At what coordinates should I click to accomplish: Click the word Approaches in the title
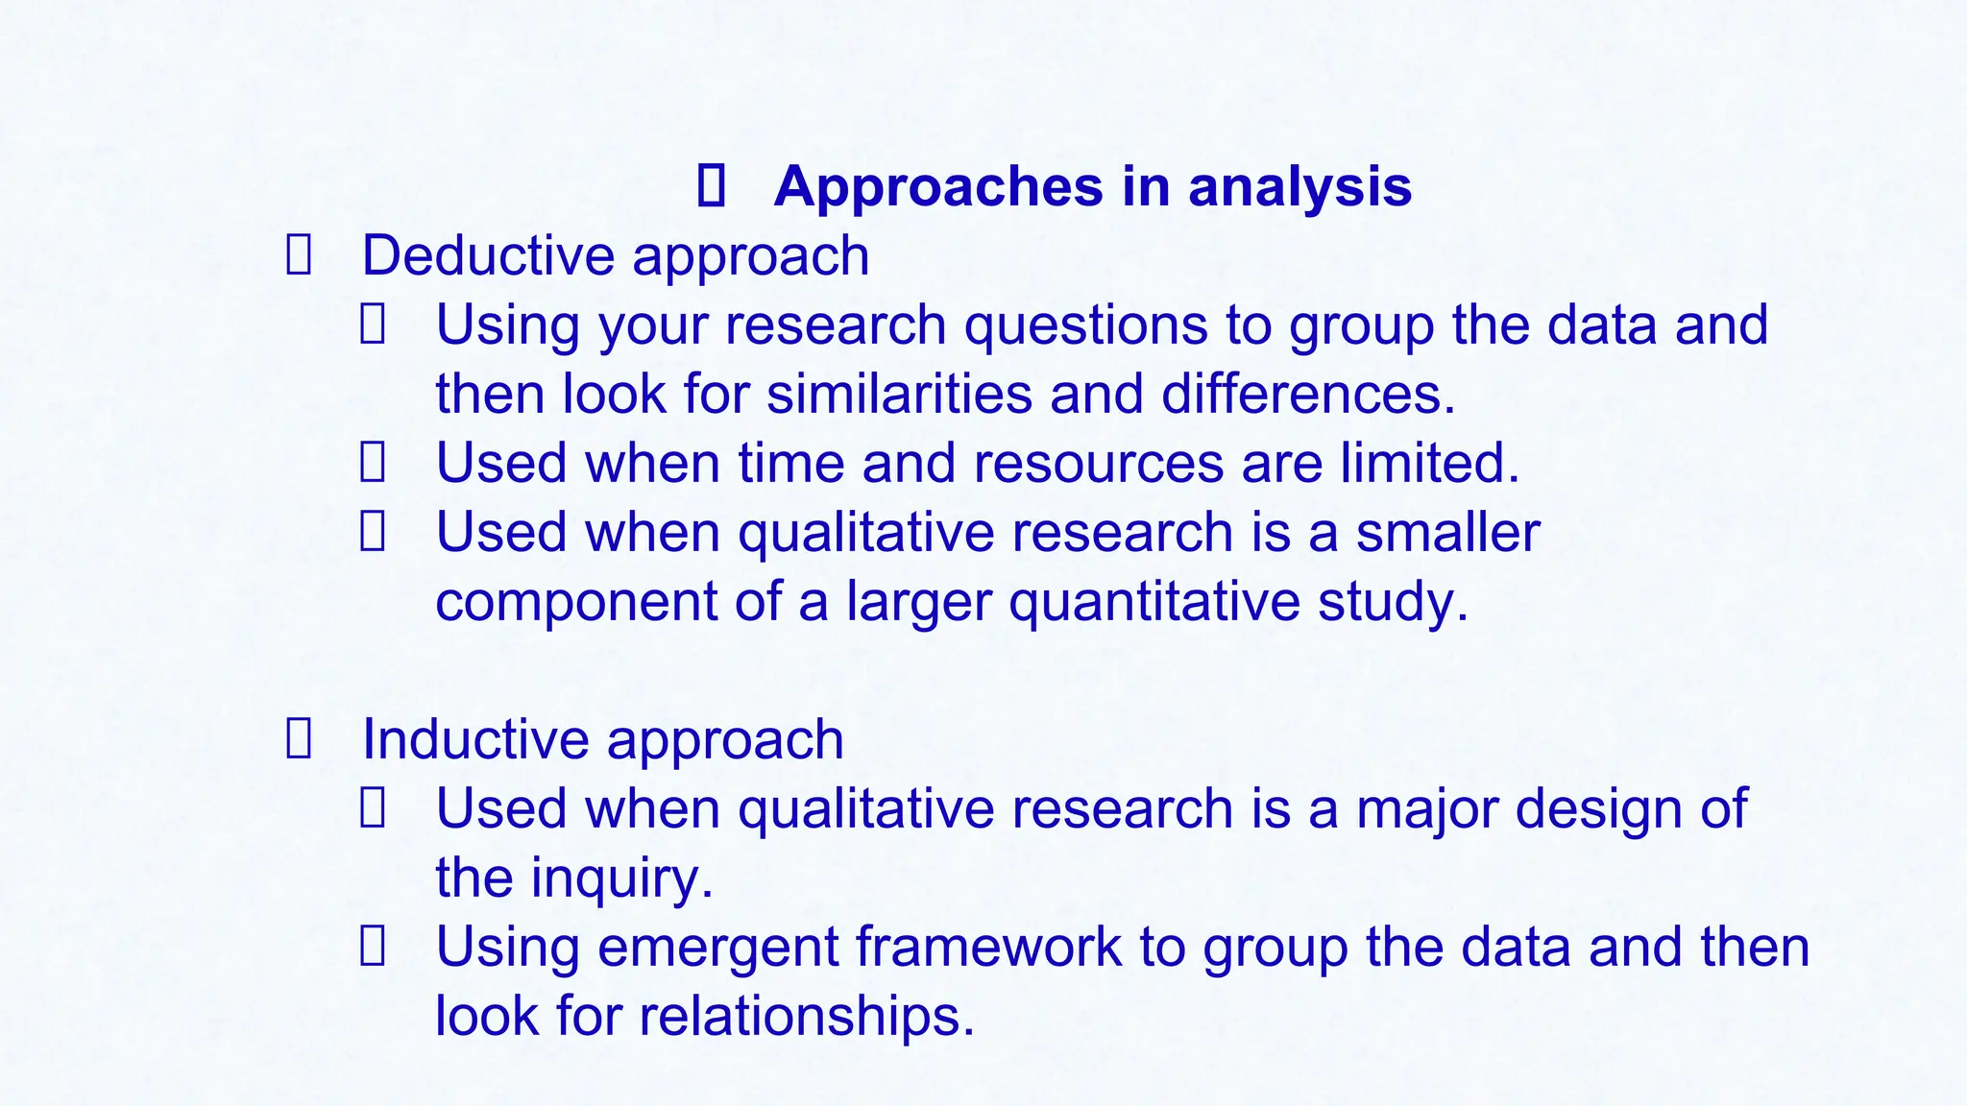938,187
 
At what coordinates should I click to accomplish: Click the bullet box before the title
710,186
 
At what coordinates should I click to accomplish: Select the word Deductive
488,256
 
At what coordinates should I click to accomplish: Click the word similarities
899,395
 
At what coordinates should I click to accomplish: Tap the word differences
1308,395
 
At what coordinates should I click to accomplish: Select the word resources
1098,464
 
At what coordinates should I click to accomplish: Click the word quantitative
1153,603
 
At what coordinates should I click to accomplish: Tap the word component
576,603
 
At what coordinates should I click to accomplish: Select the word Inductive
475,740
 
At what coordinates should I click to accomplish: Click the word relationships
807,1017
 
